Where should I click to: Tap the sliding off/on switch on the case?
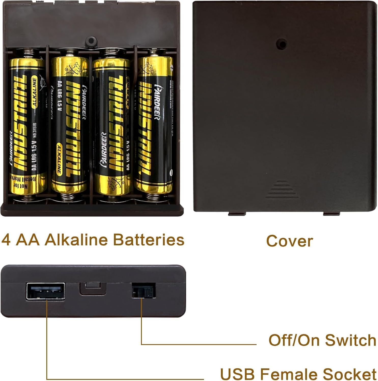(x=144, y=291)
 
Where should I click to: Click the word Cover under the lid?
(x=289, y=241)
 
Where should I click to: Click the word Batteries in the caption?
(x=149, y=240)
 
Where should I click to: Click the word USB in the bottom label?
(x=237, y=374)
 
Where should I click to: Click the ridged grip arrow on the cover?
(x=282, y=190)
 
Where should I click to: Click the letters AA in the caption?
(x=27, y=240)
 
